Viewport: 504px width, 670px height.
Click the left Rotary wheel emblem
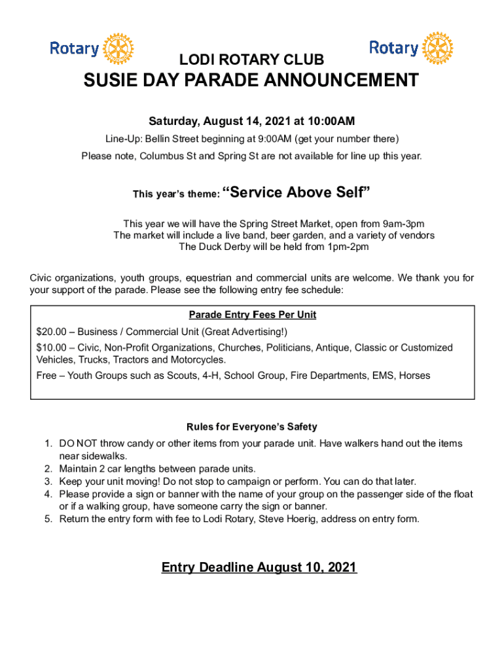118,48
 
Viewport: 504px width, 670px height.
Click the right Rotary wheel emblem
437,48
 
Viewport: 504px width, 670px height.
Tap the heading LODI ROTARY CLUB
252,60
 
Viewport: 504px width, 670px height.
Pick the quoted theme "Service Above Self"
297,192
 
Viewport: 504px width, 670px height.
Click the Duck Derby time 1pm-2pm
348,247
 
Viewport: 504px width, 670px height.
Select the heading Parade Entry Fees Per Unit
252,315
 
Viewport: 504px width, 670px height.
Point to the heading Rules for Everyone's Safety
252,427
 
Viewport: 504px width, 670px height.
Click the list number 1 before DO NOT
48,444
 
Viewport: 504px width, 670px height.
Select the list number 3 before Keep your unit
48,481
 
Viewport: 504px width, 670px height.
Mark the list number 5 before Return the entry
48,519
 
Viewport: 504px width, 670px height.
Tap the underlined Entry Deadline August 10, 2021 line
259,567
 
